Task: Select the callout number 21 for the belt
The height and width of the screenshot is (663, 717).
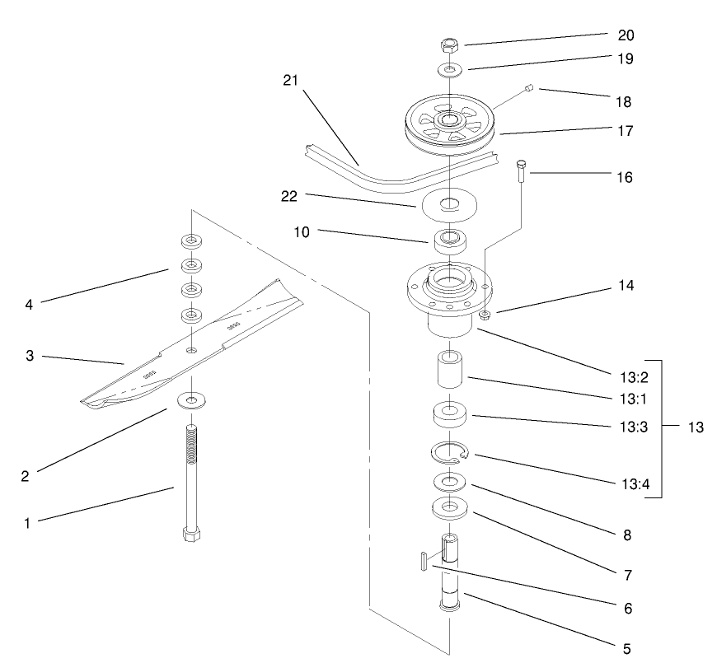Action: (x=291, y=80)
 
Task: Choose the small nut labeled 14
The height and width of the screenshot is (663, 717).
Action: (x=486, y=315)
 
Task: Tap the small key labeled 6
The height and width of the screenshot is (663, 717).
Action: (x=421, y=560)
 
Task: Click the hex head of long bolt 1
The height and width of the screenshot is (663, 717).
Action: (x=190, y=533)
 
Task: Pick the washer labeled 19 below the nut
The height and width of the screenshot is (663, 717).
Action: (x=449, y=70)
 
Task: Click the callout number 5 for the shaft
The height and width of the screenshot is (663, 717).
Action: (x=626, y=649)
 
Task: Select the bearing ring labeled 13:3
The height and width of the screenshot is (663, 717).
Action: (x=450, y=414)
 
